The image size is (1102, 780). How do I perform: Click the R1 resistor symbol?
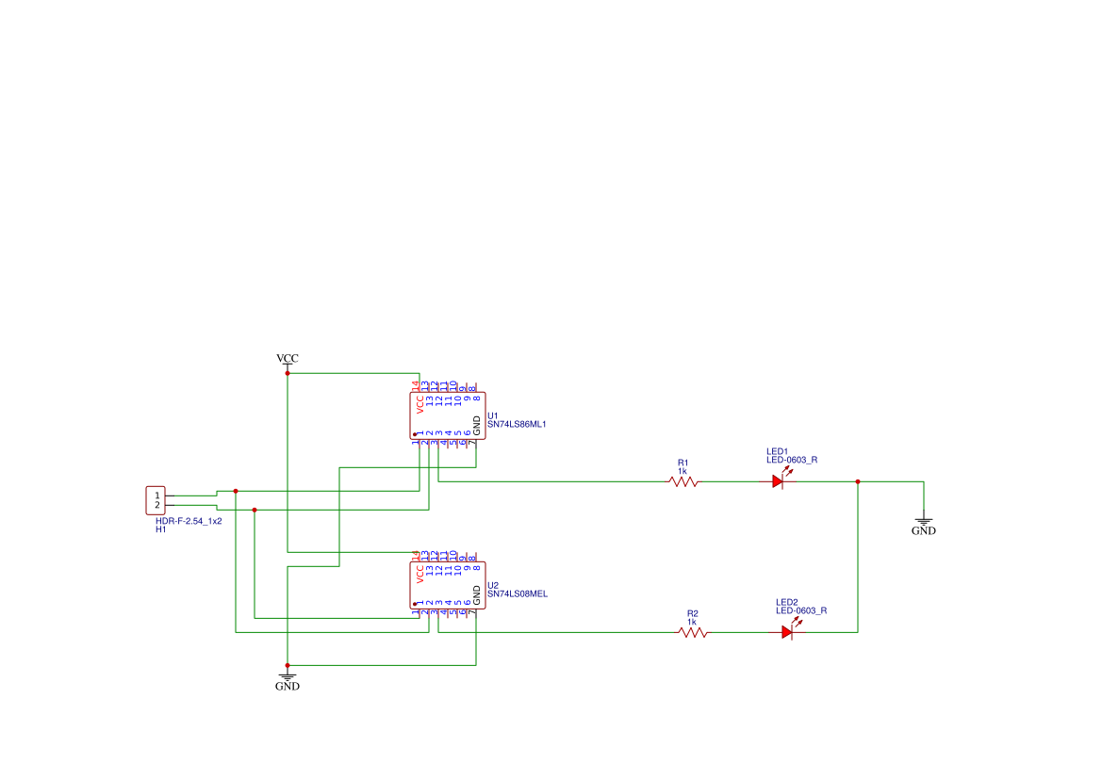[x=683, y=481]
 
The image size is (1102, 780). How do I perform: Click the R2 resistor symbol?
[x=693, y=633]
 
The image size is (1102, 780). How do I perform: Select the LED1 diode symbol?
[x=777, y=481]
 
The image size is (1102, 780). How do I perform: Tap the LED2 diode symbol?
[x=786, y=633]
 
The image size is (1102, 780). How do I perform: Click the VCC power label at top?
[x=288, y=359]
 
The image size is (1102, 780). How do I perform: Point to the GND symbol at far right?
[x=924, y=524]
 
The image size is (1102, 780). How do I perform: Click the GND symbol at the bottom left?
[x=288, y=679]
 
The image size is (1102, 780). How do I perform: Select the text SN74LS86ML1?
[x=517, y=424]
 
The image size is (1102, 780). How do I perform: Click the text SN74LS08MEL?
[x=517, y=594]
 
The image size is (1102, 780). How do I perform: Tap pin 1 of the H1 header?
[x=157, y=496]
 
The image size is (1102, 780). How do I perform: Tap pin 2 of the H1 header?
[x=157, y=506]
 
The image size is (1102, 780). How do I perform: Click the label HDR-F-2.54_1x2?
[x=189, y=521]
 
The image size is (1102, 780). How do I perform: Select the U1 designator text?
[x=492, y=414]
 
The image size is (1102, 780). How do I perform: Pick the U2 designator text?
[x=492, y=585]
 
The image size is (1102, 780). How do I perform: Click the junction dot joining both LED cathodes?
[x=858, y=481]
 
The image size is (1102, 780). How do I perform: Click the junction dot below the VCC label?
[x=288, y=373]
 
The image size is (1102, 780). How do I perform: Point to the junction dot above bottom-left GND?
[x=288, y=665]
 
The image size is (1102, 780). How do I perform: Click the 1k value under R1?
[x=683, y=471]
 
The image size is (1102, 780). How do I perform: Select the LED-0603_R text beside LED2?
[x=801, y=610]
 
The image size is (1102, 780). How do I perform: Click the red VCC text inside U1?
[x=420, y=404]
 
